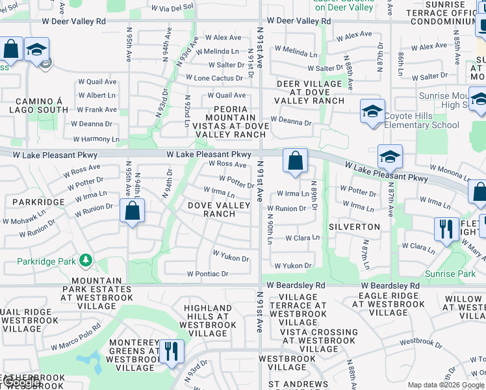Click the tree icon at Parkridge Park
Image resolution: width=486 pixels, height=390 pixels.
85,261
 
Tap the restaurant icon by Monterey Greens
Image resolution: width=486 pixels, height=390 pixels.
171,352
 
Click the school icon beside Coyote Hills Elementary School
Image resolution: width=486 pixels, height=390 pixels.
373,111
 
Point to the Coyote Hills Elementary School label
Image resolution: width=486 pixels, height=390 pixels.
421,121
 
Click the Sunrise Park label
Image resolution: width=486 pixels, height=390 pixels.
450,274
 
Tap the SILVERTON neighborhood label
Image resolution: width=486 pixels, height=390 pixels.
354,227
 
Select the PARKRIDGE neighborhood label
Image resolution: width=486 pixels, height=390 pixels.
38,202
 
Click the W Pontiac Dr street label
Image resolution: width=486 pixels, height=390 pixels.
208,274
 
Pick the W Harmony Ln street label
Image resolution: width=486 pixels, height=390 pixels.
96,139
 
